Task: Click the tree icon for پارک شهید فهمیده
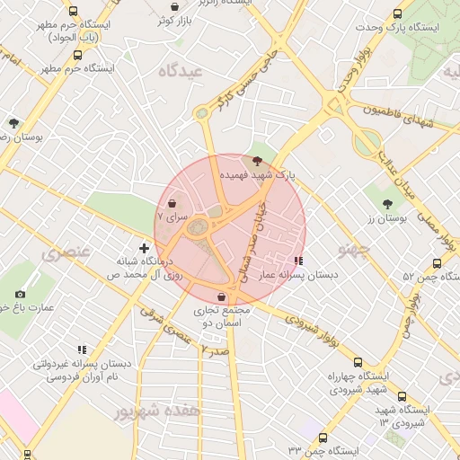(x=259, y=161)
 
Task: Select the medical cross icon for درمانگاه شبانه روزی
(x=144, y=247)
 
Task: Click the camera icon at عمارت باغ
(x=20, y=294)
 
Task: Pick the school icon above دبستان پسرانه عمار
(x=298, y=261)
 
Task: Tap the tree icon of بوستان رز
(x=387, y=204)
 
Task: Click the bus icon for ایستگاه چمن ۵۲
(x=437, y=264)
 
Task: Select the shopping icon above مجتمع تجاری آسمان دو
(x=221, y=296)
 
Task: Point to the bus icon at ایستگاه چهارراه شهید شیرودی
(x=358, y=362)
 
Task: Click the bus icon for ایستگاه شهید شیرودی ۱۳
(x=401, y=395)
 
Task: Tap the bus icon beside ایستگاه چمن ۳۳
(x=323, y=438)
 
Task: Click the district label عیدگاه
(x=179, y=71)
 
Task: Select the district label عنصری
(x=66, y=253)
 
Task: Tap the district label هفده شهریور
(x=159, y=411)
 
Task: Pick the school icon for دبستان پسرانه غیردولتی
(x=82, y=349)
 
